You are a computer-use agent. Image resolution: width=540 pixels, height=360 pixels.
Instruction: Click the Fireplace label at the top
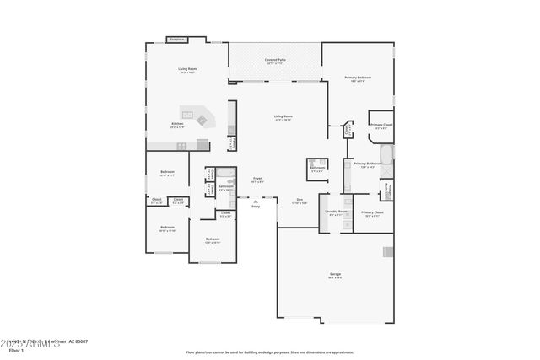[x=176, y=40]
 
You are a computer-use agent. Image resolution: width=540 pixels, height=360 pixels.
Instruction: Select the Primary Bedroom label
[x=358, y=78]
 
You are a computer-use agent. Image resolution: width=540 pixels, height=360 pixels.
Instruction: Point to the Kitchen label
[x=177, y=124]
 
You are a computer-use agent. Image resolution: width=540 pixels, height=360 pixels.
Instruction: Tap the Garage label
[x=335, y=275]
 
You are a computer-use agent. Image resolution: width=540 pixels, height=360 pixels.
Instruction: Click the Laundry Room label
[x=331, y=211]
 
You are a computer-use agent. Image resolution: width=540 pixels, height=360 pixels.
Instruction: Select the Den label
[x=299, y=200]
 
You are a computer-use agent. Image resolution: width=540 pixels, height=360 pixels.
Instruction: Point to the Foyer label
[x=257, y=179]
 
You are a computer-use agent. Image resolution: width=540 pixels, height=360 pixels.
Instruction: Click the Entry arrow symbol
[x=256, y=201]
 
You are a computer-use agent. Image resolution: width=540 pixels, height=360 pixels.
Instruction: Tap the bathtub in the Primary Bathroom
[x=386, y=156]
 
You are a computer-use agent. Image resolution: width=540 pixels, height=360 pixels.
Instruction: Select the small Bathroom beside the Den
[x=317, y=167]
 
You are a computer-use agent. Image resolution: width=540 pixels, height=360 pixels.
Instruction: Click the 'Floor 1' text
[x=15, y=348]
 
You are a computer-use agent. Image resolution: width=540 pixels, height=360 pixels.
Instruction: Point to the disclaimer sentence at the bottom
[x=269, y=352]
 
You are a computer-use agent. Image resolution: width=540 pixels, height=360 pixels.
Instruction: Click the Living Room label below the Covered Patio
[x=283, y=116]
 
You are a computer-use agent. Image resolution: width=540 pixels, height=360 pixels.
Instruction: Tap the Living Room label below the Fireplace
[x=186, y=68]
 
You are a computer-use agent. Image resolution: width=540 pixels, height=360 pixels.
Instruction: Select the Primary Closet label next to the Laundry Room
[x=372, y=212]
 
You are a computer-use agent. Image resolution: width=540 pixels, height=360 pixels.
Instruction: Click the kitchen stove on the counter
[x=181, y=146]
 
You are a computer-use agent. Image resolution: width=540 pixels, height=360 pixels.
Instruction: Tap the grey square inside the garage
[x=388, y=251]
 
